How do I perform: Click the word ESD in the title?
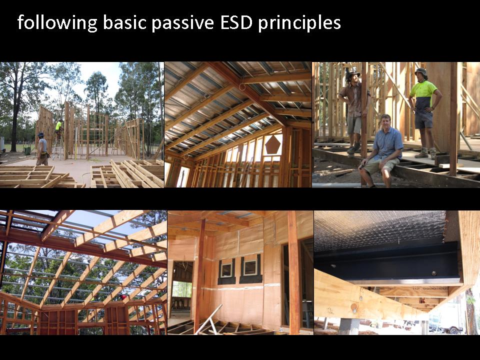[237, 22]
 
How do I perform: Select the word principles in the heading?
[299, 23]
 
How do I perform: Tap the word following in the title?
[57, 23]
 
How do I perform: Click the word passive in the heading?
[183, 23]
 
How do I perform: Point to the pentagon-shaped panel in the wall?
[272, 145]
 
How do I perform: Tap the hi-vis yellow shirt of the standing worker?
[423, 91]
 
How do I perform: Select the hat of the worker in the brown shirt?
[352, 74]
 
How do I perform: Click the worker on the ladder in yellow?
[59, 128]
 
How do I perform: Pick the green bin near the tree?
[27, 151]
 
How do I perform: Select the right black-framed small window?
[250, 269]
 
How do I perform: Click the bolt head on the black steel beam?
[434, 273]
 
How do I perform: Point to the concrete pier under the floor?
[349, 326]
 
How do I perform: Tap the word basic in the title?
[124, 22]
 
